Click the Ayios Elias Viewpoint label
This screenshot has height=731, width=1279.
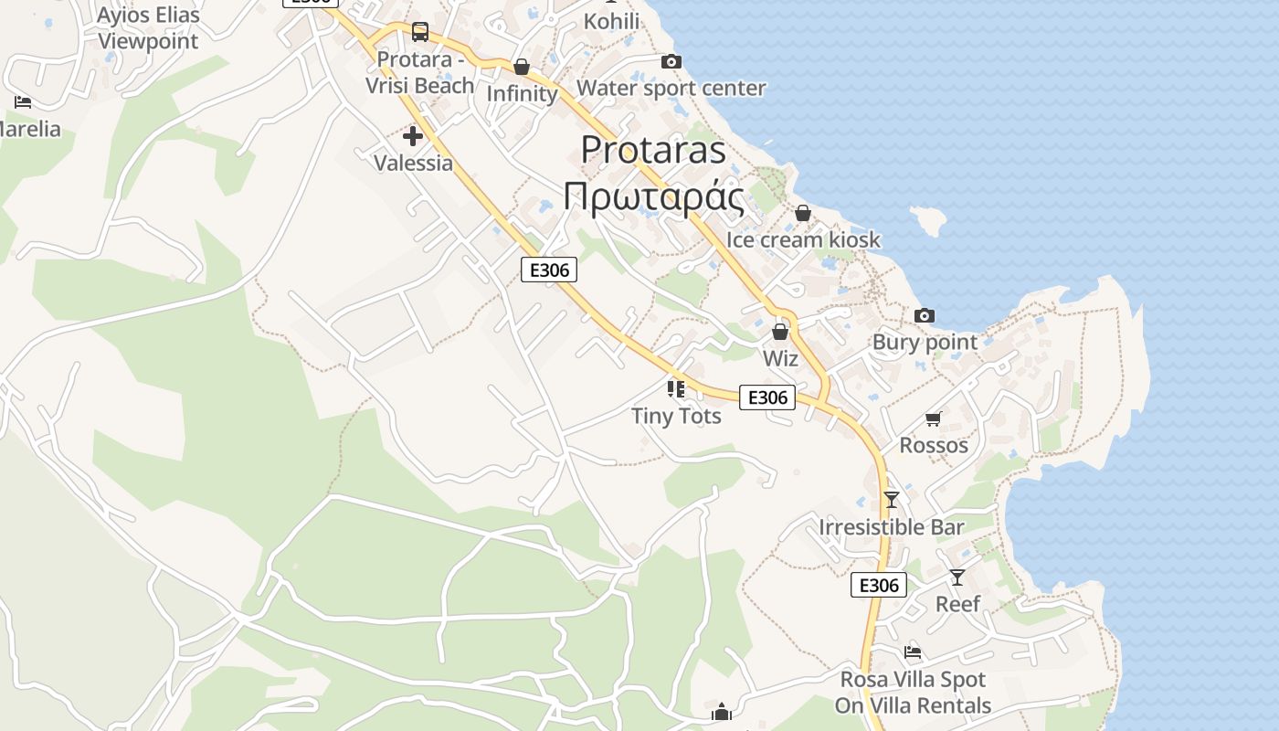[147, 28]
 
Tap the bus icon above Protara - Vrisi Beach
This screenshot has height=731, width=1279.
[420, 32]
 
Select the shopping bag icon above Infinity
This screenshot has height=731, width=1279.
[522, 67]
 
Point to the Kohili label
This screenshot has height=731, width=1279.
[611, 20]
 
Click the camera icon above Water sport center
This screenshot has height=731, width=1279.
[671, 61]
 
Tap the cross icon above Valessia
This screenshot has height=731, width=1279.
[413, 136]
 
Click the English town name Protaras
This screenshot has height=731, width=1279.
[653, 150]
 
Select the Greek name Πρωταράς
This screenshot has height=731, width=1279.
[653, 196]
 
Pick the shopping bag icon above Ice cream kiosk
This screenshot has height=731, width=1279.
[803, 213]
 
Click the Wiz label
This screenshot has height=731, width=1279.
[780, 358]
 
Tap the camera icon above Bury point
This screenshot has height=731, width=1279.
[925, 315]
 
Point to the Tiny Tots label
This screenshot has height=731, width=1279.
[676, 416]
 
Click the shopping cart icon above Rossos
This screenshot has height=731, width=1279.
[933, 418]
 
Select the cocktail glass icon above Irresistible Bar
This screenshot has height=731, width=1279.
[892, 500]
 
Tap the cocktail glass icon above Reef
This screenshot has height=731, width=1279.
[957, 577]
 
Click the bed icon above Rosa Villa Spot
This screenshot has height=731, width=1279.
[913, 652]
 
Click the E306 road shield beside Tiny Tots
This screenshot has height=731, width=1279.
[766, 397]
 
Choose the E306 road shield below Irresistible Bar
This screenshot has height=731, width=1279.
[879, 585]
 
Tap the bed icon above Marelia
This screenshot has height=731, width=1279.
[23, 101]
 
